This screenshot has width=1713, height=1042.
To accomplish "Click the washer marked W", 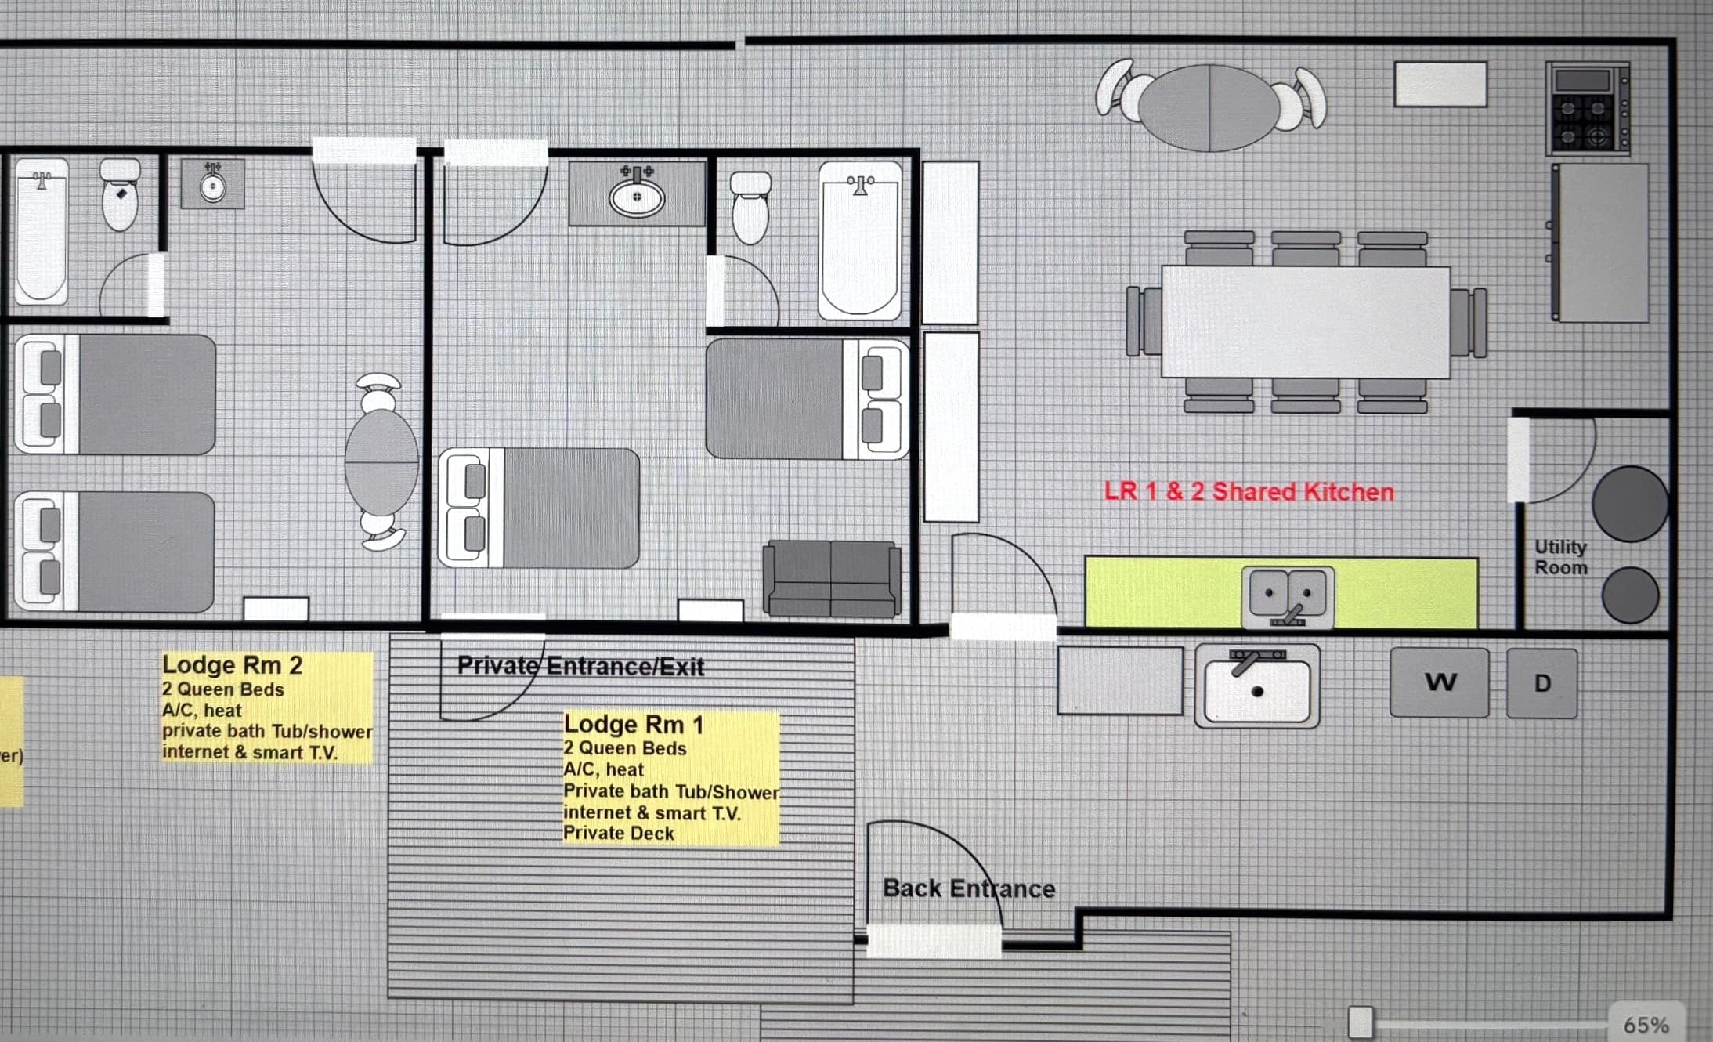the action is [x=1440, y=682].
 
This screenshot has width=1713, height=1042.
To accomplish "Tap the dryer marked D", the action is [x=1541, y=683].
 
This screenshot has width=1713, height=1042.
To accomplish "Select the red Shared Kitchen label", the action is [x=1249, y=491].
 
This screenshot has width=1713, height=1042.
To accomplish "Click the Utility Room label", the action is [x=1560, y=556].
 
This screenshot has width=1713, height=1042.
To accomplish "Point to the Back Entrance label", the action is [x=969, y=888].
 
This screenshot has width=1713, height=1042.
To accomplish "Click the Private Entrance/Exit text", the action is [x=580, y=666].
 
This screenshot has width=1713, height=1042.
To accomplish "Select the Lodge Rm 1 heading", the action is [x=634, y=725].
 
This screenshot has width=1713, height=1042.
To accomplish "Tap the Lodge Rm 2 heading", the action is [x=232, y=665].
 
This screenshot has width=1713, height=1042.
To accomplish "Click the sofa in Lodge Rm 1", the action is [x=832, y=579].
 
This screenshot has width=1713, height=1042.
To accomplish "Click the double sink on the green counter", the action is [x=1288, y=597].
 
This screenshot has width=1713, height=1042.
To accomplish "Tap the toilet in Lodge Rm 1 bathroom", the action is [x=750, y=207].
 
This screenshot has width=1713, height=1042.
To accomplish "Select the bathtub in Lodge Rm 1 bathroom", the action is [x=860, y=241].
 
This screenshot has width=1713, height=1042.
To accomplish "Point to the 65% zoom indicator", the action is [x=1646, y=1024].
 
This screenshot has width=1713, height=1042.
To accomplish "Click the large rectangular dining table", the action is [x=1306, y=321].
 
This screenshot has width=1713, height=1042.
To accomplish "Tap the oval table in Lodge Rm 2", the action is [x=381, y=461].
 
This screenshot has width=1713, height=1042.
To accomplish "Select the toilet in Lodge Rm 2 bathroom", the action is [x=120, y=194].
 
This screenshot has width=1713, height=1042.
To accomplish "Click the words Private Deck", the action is [x=619, y=833].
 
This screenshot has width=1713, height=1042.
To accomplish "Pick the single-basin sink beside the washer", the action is [x=1257, y=686].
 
